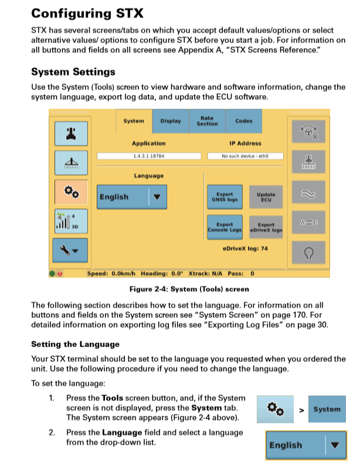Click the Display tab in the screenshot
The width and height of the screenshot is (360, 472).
tap(171, 121)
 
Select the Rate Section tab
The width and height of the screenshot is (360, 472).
tap(207, 121)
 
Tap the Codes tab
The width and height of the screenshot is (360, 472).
tap(243, 121)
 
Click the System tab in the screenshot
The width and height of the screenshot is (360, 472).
tap(134, 121)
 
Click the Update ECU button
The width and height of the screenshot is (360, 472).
tap(266, 197)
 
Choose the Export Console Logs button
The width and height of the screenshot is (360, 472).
tap(225, 227)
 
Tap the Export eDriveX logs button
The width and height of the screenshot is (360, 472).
tap(266, 227)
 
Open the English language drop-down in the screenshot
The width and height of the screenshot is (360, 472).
tap(132, 197)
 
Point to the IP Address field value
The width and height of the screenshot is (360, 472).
tap(245, 157)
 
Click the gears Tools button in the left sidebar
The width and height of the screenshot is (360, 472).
tap(71, 191)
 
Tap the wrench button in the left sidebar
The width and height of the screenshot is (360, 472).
tap(71, 250)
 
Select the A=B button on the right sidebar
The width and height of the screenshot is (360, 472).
tap(308, 222)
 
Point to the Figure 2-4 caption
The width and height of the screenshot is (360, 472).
tap(189, 289)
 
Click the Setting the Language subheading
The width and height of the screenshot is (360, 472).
tap(75, 344)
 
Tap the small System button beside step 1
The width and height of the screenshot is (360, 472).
tap(327, 409)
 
